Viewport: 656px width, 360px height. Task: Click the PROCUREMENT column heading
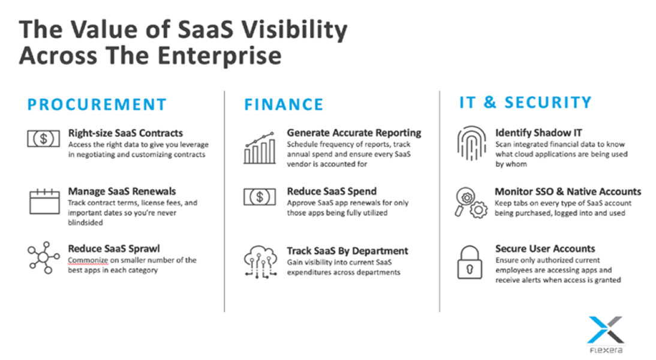coord(97,104)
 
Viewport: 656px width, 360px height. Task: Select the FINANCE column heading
coord(284,104)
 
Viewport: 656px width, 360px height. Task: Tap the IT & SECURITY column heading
coord(525,102)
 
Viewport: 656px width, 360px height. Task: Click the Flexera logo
coord(606,334)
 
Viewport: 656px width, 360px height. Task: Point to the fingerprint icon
coord(471,143)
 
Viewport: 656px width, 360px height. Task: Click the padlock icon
coord(470,262)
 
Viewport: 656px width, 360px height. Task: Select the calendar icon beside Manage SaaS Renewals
coord(44,202)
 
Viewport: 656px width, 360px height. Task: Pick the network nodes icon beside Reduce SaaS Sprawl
coord(44,257)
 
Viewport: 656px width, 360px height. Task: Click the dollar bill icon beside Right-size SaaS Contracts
coord(44,139)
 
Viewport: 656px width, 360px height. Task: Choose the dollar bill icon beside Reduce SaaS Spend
coord(260,197)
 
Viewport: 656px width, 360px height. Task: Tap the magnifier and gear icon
coord(471,203)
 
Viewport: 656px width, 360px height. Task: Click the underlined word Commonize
coord(88,260)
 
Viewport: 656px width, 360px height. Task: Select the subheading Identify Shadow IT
coord(539,133)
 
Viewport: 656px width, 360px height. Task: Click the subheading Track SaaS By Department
coord(347,251)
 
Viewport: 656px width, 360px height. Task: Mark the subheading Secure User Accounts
coord(545,248)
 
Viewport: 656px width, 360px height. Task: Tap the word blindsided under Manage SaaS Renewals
coord(85,223)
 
